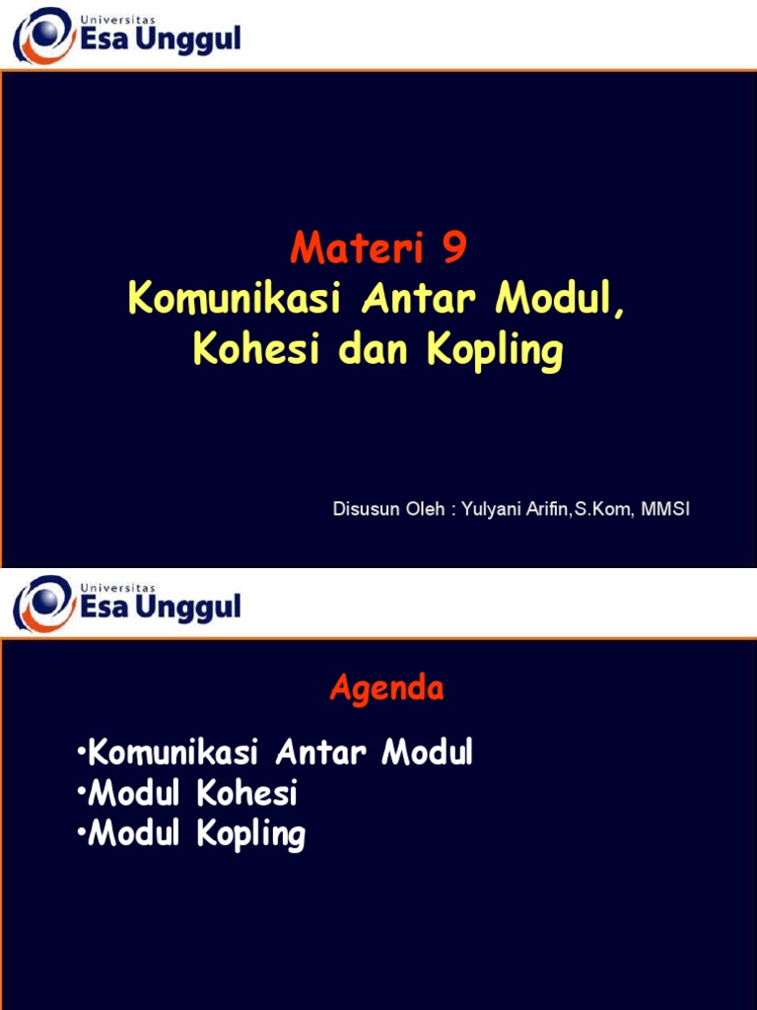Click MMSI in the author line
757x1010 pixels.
tap(667, 511)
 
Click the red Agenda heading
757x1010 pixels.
tap(386, 688)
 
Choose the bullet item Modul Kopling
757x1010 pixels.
tap(191, 834)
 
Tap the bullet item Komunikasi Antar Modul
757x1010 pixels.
tap(274, 753)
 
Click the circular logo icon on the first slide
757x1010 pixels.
tap(43, 36)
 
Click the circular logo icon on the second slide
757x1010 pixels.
tap(43, 602)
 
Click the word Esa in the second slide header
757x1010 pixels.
tap(104, 607)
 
